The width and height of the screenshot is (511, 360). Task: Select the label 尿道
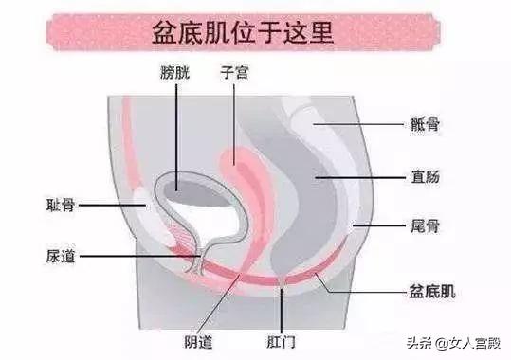[x=62, y=255]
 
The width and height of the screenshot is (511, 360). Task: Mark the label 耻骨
[x=62, y=204]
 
